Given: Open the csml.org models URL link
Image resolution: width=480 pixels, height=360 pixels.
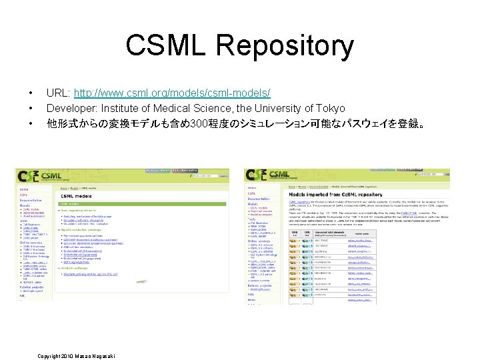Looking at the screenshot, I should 172,92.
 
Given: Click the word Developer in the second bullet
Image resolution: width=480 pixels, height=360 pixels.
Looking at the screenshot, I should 70,108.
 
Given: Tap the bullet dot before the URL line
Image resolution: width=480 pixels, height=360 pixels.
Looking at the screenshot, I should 31,92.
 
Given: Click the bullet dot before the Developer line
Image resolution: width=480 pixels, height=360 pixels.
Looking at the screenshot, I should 31,108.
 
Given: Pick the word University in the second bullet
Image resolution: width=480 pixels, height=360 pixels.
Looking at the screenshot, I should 273,108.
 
